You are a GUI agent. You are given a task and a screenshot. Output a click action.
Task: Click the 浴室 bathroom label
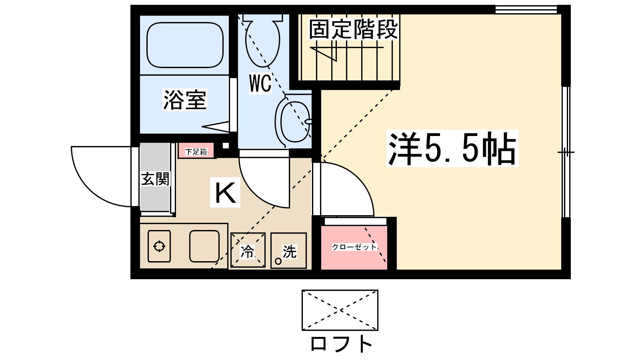tap(185, 100)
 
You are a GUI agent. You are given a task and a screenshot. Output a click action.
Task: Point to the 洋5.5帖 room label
tap(452, 149)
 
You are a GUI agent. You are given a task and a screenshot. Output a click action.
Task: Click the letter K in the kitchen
tap(225, 193)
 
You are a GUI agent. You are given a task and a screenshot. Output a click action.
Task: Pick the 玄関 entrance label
tap(155, 179)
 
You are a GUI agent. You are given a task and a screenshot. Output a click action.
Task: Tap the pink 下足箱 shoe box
tap(196, 152)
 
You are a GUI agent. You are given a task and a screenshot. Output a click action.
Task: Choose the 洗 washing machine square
tap(288, 251)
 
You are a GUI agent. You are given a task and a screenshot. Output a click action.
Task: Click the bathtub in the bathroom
tap(185, 45)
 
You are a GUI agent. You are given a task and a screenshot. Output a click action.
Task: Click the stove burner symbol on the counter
tap(159, 246)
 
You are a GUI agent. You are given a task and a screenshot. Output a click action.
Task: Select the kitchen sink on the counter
tap(204, 246)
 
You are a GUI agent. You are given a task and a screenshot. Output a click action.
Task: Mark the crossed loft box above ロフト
tap(340, 310)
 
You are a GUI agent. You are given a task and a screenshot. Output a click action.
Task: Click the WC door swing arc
tap(264, 182)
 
